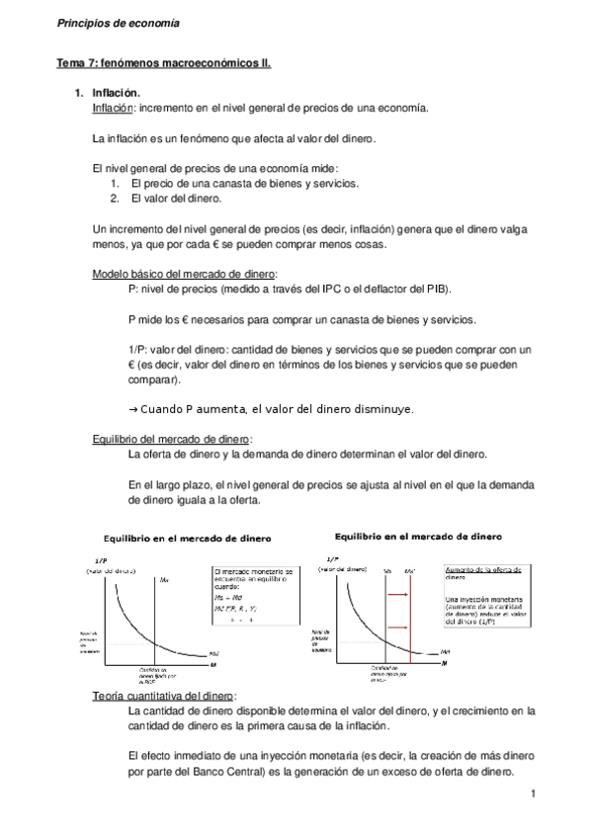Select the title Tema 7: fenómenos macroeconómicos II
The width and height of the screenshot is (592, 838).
click(162, 63)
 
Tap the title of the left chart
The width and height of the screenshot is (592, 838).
click(188, 538)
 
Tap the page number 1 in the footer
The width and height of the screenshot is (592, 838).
click(532, 795)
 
